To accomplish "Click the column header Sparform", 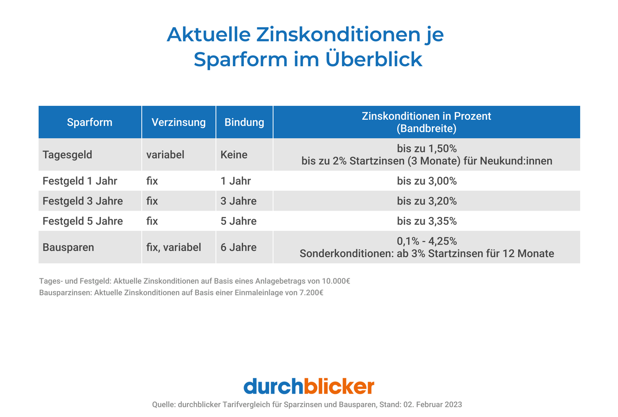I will [89, 122].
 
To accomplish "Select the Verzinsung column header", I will [178, 122].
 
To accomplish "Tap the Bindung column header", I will [244, 122].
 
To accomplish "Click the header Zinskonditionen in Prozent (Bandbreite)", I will [426, 122].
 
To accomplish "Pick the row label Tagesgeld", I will [67, 155].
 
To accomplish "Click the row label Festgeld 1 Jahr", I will [80, 181].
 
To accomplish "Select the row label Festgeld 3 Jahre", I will [82, 201].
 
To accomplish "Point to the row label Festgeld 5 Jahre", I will [82, 221].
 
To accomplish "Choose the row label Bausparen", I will [68, 247].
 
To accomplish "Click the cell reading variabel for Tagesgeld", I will [165, 155].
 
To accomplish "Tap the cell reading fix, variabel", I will [173, 247].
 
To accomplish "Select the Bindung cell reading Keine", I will [234, 155].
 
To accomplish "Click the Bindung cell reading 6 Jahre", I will [238, 247].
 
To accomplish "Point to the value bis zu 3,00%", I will [426, 181].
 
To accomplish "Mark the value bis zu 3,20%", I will [426, 201].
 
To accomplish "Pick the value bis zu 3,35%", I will [426, 221].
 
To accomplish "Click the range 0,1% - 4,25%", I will [426, 241].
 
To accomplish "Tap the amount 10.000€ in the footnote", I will [336, 281].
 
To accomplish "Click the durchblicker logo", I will [309, 387].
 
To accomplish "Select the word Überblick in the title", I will [374, 59].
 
